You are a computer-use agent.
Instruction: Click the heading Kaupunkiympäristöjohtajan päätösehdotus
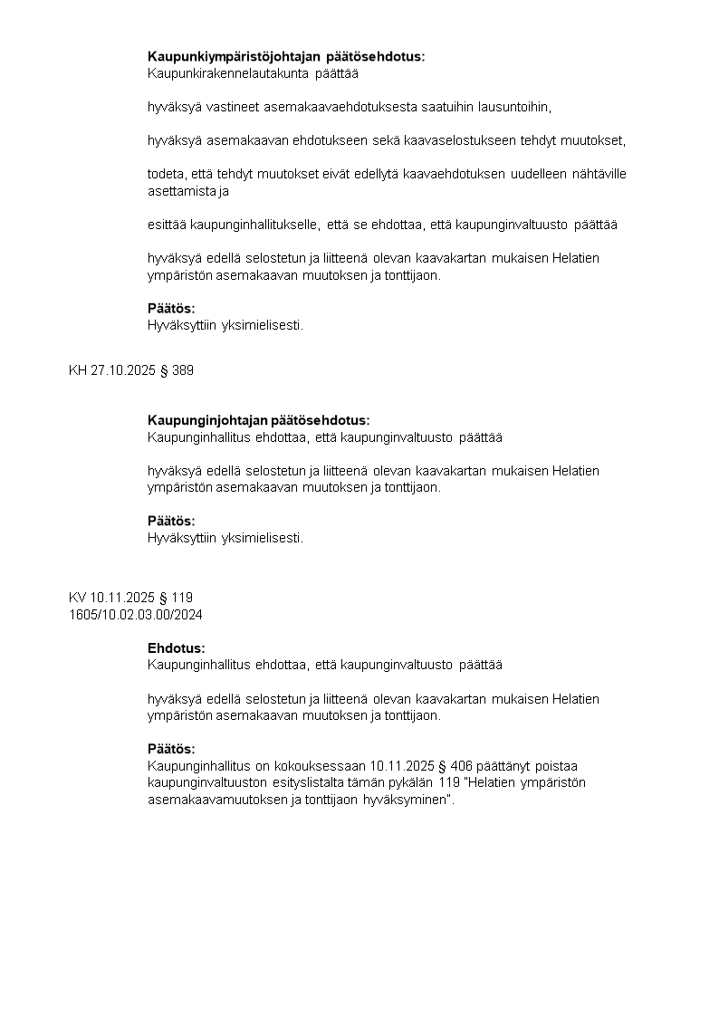286,57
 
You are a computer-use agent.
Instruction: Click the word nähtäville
599,174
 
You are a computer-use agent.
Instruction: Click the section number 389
182,370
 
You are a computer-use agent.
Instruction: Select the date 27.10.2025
122,370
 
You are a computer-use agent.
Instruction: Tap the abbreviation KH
77,370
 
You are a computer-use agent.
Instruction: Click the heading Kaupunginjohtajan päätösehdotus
259,420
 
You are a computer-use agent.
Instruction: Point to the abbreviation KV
77,598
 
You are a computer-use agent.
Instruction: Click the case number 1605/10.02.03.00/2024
136,615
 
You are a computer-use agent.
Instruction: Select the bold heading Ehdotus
177,648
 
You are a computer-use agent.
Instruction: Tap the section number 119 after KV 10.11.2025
182,598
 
